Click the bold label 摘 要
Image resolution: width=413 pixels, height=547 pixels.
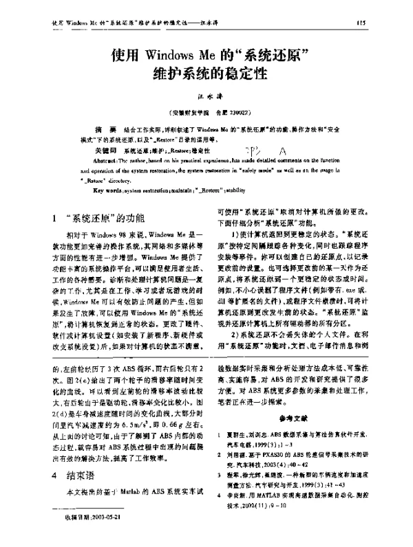(x=103, y=129)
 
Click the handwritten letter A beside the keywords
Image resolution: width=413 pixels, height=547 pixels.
(x=284, y=151)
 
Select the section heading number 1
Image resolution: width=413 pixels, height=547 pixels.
(x=55, y=219)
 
